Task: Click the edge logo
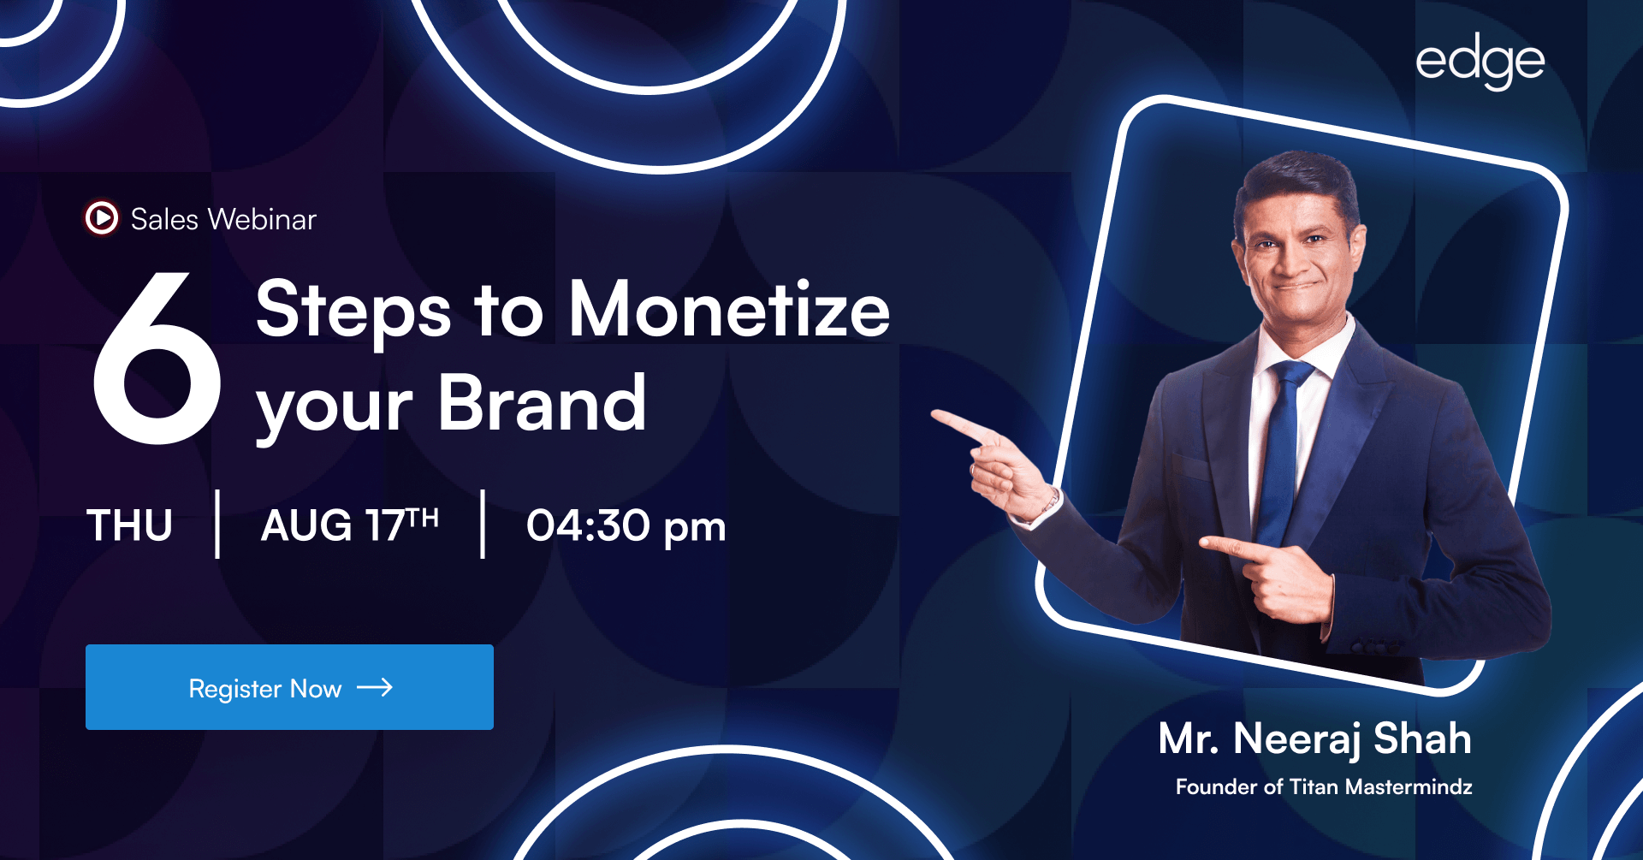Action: [x=1480, y=62]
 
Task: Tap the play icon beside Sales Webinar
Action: [x=102, y=218]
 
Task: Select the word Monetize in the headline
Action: [x=729, y=309]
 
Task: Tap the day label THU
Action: [x=130, y=525]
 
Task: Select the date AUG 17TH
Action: [x=350, y=525]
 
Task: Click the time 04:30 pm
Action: [x=626, y=526]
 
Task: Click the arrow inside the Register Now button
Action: [x=375, y=687]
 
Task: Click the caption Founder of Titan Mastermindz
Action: [x=1324, y=786]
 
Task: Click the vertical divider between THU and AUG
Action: [x=218, y=524]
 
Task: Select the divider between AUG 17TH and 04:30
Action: [x=483, y=524]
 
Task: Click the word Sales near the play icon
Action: [x=164, y=219]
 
